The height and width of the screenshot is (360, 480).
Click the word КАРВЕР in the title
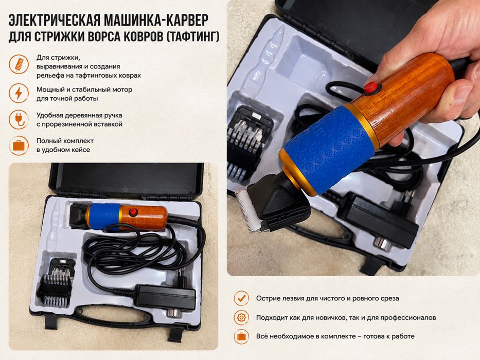point(187,20)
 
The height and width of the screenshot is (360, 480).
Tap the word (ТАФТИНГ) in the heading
point(191,37)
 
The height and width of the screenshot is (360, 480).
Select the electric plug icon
point(19,119)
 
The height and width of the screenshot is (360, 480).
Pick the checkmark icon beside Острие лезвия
point(241,298)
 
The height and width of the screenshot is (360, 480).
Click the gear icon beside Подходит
point(241,317)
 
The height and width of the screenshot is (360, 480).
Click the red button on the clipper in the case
point(133,212)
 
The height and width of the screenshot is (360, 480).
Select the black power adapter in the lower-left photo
point(165,298)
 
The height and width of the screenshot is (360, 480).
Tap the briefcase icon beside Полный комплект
point(19,146)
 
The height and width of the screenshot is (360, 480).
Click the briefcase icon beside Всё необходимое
point(241,336)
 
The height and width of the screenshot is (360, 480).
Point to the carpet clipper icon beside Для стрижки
point(19,64)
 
